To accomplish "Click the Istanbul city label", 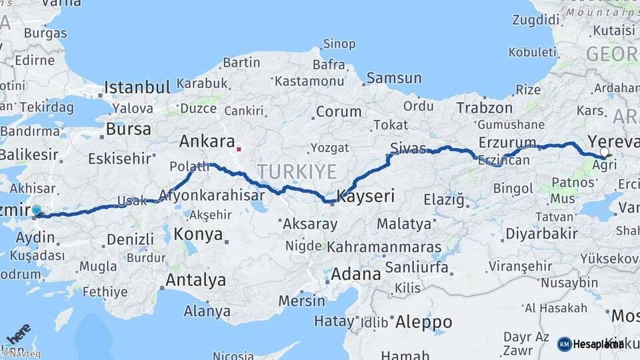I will [x=137, y=87].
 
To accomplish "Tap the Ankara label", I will [x=207, y=141].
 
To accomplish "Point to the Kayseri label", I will [x=366, y=196].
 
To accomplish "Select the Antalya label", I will [x=195, y=280].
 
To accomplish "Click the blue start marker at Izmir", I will [x=37, y=210].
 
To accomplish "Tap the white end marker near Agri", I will [x=604, y=152].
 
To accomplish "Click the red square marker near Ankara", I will [x=239, y=149].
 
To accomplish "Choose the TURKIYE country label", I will [x=297, y=171].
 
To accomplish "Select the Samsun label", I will [x=394, y=78].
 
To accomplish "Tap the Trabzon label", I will [x=485, y=107].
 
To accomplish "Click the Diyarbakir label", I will [x=541, y=233].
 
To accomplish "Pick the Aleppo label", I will [x=424, y=323].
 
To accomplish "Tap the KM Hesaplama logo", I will [x=591, y=344].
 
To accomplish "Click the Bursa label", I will [x=129, y=129].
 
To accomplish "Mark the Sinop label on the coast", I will [x=339, y=45].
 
